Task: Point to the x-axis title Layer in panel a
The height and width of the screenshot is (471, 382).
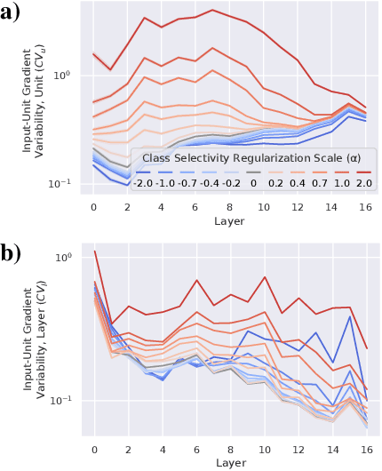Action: pyautogui.click(x=229, y=221)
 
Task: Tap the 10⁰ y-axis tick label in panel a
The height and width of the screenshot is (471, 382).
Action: pyautogui.click(x=68, y=75)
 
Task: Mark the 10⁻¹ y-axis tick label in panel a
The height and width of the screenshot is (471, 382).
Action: pyautogui.click(x=68, y=183)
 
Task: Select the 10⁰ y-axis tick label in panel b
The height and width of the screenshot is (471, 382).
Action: pyautogui.click(x=68, y=258)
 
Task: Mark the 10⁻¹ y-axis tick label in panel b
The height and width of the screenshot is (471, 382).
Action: pyautogui.click(x=68, y=401)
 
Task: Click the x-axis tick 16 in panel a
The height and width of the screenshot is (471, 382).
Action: pyautogui.click(x=364, y=206)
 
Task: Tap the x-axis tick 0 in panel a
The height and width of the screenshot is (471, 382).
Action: pyautogui.click(x=94, y=206)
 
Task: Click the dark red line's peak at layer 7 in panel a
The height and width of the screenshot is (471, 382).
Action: pyautogui.click(x=212, y=11)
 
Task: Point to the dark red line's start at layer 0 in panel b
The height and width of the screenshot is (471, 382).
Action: pyautogui.click(x=94, y=251)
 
